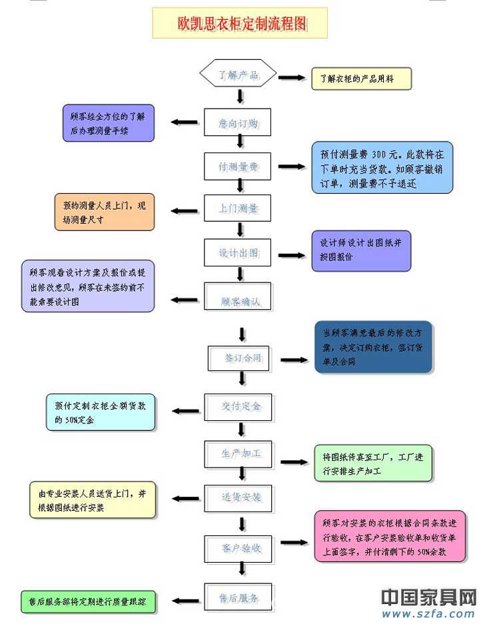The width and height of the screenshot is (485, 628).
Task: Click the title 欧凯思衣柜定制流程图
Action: pos(240,23)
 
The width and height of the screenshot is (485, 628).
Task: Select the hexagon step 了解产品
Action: pos(238,75)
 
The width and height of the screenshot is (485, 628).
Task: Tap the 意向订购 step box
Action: pos(238,123)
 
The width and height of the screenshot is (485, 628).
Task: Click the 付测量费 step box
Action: pos(238,167)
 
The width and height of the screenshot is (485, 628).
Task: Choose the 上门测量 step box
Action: pos(238,208)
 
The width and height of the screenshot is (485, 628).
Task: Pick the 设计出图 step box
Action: pos(238,253)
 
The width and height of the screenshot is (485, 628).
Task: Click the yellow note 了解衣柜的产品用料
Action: pos(361,79)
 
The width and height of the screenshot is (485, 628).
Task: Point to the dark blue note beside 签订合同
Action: pos(373,347)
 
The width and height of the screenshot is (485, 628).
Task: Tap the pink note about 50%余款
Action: pos(389,537)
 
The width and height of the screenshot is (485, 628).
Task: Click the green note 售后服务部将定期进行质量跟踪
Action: pos(88,601)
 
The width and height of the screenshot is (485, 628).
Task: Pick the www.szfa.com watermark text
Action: pos(428,614)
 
